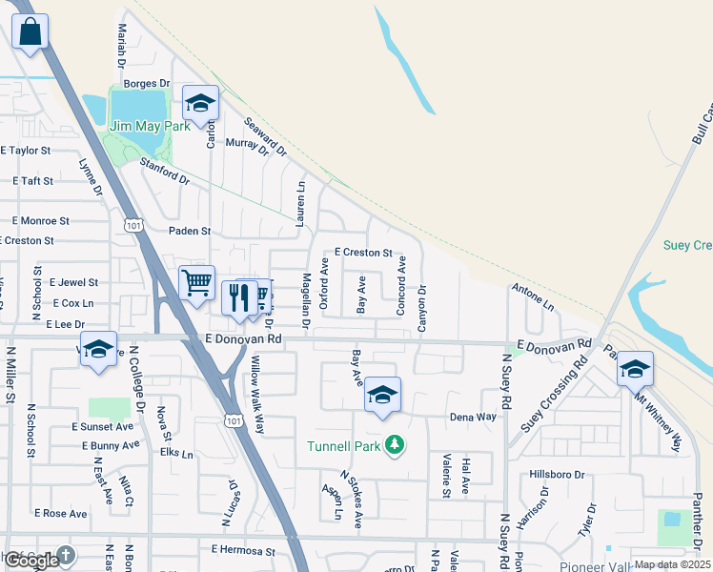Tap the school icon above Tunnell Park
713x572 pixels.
tap(382, 395)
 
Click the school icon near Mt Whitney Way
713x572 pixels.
tap(635, 369)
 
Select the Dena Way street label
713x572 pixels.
tap(473, 418)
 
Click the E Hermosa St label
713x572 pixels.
tap(242, 551)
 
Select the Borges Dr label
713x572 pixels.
tap(146, 84)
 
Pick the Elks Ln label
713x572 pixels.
tap(176, 454)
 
